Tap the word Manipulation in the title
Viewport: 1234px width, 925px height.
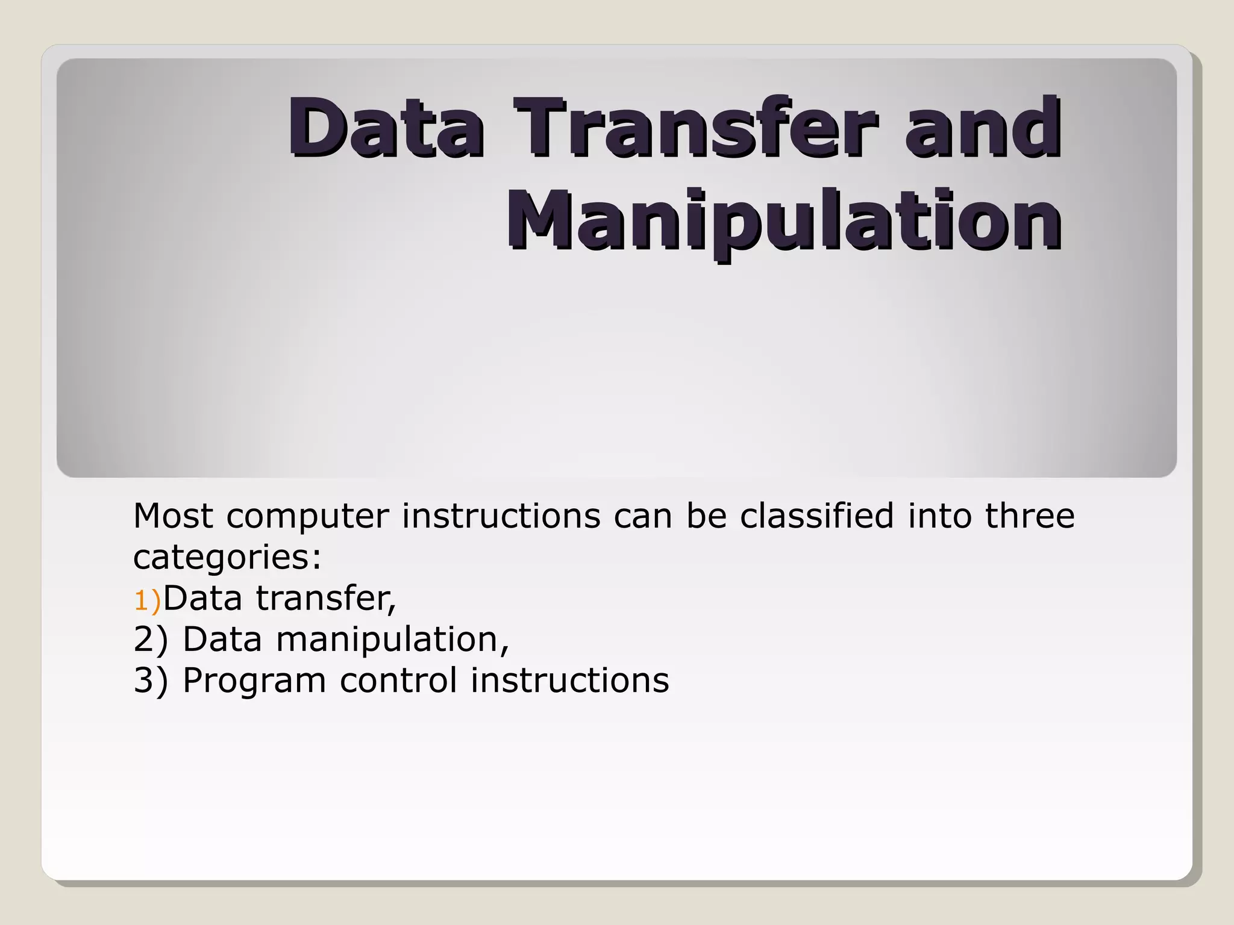(783, 221)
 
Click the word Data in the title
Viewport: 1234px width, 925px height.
(386, 128)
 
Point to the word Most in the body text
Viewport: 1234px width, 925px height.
(173, 516)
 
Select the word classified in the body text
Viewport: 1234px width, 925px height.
(816, 516)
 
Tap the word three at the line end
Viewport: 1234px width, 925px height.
(1029, 516)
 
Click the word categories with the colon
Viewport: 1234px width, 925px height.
(227, 558)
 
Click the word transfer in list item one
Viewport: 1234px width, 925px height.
(325, 599)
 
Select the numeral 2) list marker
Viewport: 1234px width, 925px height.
(150, 640)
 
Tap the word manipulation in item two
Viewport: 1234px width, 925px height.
(392, 640)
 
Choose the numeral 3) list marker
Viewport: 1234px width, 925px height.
(150, 681)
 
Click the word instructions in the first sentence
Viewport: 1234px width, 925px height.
(501, 516)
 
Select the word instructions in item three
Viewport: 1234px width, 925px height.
(569, 681)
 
